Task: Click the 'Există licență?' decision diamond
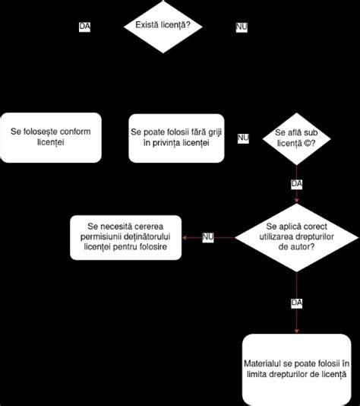(x=163, y=27)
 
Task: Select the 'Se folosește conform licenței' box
(x=51, y=138)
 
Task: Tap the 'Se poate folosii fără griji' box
(x=176, y=138)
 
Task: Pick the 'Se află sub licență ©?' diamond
(x=296, y=139)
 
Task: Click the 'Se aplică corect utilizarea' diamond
(x=296, y=237)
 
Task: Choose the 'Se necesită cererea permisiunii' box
(x=125, y=237)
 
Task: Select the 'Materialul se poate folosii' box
(x=297, y=370)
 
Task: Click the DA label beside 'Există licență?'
(x=84, y=27)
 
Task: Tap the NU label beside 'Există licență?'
(x=242, y=27)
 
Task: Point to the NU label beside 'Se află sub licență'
(x=243, y=138)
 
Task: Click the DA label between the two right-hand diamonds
(x=296, y=184)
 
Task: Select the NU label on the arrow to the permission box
(x=208, y=237)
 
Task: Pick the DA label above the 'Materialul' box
(x=296, y=303)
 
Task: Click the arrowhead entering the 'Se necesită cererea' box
(x=185, y=237)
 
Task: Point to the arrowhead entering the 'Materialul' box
(x=296, y=331)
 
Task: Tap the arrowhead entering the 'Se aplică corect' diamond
(x=296, y=201)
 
